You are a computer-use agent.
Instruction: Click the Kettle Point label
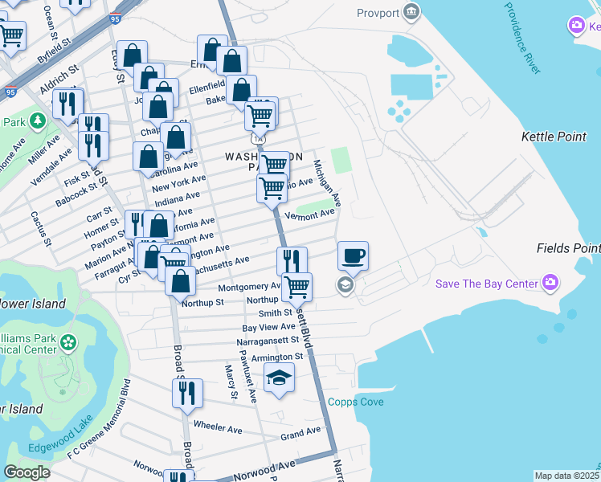point(554,137)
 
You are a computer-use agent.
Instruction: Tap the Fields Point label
point(568,249)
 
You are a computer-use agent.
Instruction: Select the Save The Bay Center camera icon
point(550,283)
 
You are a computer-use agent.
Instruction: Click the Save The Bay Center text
point(488,284)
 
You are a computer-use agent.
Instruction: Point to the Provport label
point(377,13)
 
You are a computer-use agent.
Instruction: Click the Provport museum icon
point(411,12)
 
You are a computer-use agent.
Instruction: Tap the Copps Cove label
point(355,402)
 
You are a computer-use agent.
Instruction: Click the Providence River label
point(523,39)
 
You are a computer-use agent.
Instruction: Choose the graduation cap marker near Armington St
point(279,378)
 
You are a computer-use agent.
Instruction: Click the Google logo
point(27,472)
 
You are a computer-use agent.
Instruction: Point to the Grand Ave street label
point(300,434)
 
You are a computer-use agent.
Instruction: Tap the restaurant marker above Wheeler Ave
point(187,394)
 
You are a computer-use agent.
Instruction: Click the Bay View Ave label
point(269,327)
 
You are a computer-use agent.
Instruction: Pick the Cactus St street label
point(40,228)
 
